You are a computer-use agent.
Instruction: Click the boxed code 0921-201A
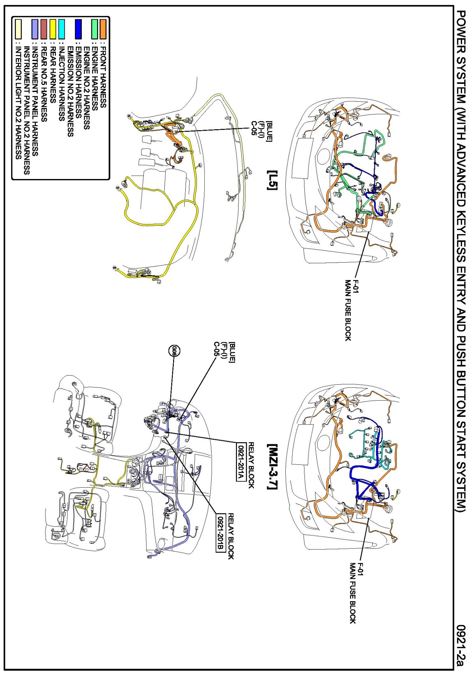(x=240, y=462)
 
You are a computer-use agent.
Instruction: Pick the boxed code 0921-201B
(x=220, y=533)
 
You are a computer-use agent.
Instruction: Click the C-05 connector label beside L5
(x=254, y=128)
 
